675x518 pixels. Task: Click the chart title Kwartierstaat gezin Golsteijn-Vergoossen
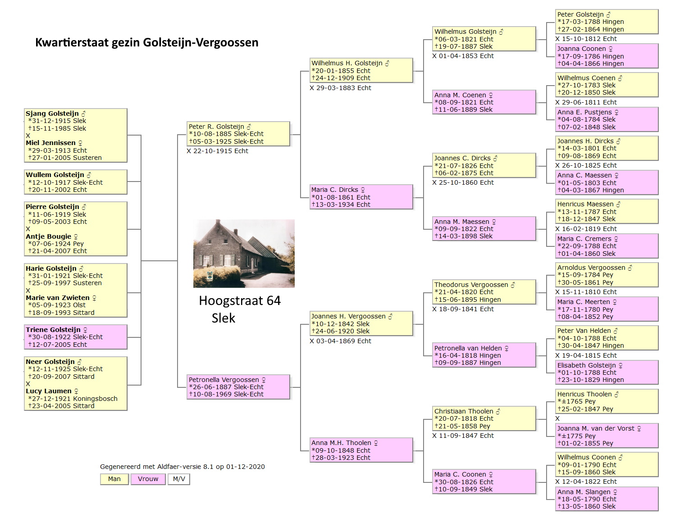click(x=146, y=42)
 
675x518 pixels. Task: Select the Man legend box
click(x=114, y=479)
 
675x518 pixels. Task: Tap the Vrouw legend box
click(x=148, y=479)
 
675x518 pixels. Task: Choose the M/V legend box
click(x=179, y=479)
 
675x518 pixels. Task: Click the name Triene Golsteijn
click(x=53, y=330)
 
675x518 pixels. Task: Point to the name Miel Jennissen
click(x=50, y=143)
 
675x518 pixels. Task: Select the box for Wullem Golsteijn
click(x=76, y=182)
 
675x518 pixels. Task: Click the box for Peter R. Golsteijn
click(x=238, y=134)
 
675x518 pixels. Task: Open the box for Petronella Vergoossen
click(x=238, y=387)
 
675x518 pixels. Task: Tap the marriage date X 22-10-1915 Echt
click(x=218, y=151)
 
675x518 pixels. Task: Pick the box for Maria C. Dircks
click(x=361, y=197)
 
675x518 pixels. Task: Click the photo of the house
click(x=244, y=254)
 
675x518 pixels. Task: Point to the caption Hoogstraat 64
click(x=240, y=300)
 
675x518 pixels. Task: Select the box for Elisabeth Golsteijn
click(x=607, y=372)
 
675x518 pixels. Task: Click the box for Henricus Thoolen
click(x=607, y=401)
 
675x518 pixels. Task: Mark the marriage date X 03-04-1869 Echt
click(x=341, y=341)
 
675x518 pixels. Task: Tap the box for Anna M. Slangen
click(x=607, y=499)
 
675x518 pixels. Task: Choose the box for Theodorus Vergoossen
click(x=484, y=292)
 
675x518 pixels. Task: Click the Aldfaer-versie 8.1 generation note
click(x=182, y=467)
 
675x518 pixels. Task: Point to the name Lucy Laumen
click(x=49, y=391)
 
